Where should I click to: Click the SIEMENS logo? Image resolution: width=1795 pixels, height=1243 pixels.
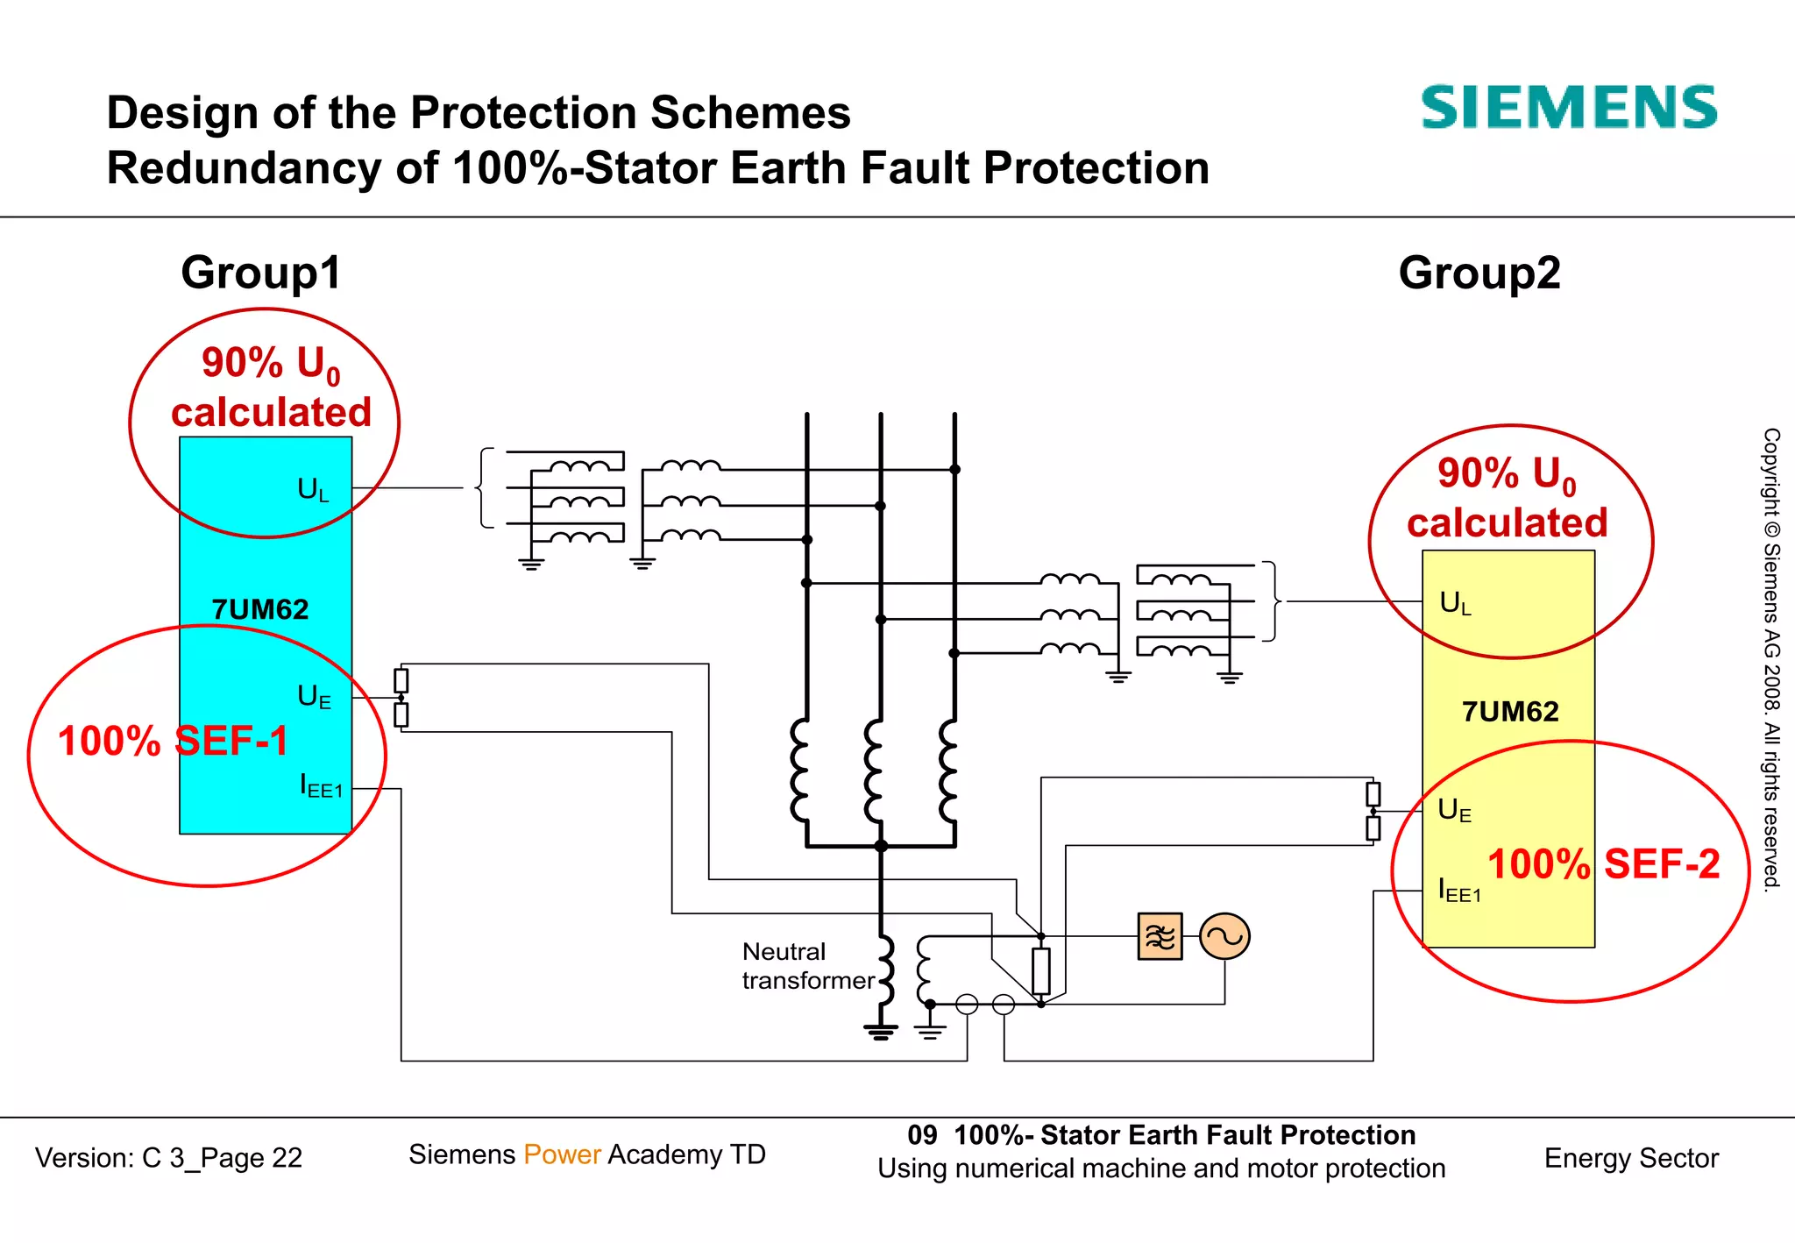(1568, 108)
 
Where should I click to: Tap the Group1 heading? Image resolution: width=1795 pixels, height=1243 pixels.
(260, 273)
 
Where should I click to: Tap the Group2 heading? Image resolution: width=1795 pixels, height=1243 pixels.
(1479, 273)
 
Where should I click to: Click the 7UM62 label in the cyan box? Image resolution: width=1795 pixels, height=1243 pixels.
(260, 609)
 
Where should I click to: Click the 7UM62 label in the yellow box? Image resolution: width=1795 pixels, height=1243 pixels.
(1509, 711)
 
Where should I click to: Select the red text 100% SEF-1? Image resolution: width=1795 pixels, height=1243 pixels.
(173, 742)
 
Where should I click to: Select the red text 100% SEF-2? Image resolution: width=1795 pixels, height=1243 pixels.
(1603, 864)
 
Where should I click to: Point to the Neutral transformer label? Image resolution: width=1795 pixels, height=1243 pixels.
(806, 966)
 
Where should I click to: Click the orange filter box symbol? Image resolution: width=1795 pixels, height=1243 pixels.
(1160, 937)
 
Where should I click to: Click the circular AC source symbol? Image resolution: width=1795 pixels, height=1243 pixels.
(1224, 937)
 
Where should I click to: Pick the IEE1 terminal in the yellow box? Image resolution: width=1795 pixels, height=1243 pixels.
(1459, 891)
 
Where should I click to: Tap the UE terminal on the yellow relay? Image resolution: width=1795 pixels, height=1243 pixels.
(1454, 810)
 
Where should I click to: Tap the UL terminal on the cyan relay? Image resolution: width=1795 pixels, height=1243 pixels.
(313, 489)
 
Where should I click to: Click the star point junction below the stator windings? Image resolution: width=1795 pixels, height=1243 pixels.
(881, 846)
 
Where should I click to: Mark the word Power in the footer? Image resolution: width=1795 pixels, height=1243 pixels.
(562, 1154)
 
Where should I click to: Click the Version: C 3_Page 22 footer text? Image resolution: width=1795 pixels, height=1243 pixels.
(168, 1158)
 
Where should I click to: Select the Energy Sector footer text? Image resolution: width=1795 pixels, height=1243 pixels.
(1630, 1158)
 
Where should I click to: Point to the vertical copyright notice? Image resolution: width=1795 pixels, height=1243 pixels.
(1771, 657)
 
